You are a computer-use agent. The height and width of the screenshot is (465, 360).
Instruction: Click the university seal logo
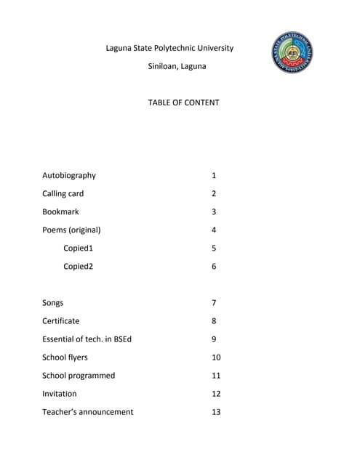click(295, 52)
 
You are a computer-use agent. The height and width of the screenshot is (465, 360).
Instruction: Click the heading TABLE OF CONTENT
click(183, 102)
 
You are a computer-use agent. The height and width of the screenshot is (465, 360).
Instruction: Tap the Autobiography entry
click(69, 175)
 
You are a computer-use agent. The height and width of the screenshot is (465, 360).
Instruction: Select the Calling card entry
click(63, 193)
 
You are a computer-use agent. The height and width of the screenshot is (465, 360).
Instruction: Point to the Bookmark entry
click(60, 211)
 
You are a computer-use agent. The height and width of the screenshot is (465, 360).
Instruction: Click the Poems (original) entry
click(71, 230)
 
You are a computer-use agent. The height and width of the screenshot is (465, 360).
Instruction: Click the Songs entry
click(53, 302)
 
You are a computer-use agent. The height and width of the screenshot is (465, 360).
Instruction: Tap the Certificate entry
click(61, 320)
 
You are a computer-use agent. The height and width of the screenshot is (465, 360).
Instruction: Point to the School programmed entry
click(79, 376)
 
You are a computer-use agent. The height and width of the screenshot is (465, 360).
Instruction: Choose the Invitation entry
click(60, 394)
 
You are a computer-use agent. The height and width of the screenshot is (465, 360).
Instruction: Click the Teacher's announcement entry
click(88, 412)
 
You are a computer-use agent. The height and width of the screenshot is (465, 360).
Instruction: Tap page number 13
click(216, 412)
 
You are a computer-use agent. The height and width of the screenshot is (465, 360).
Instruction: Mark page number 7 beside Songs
click(214, 302)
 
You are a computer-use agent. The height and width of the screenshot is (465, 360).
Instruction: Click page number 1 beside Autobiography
click(214, 175)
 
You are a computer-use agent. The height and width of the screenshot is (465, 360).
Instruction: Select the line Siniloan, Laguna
click(177, 66)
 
